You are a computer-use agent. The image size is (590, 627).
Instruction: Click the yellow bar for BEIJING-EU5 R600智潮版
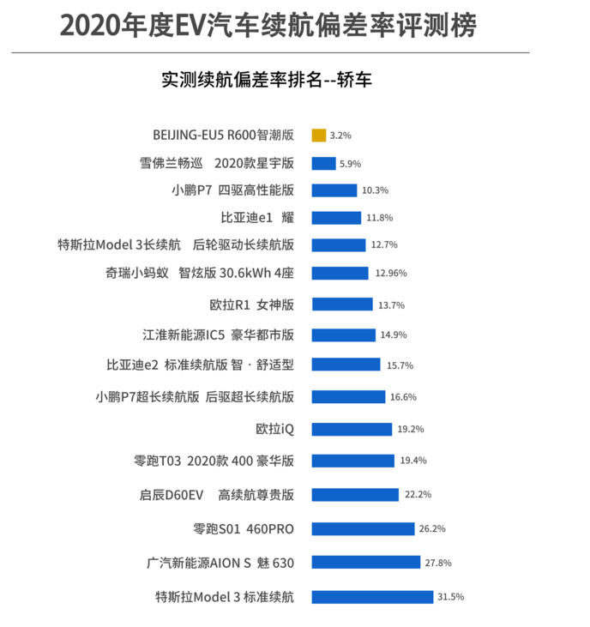point(319,136)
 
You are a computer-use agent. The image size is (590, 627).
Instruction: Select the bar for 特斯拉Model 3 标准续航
point(372,597)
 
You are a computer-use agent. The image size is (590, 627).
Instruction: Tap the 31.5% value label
point(450,597)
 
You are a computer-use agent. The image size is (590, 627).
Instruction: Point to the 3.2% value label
point(340,136)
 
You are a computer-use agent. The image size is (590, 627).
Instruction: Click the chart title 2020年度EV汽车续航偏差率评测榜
point(267,25)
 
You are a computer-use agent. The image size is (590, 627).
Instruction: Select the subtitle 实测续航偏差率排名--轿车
point(266,80)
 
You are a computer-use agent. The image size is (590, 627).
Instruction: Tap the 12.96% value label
point(390,273)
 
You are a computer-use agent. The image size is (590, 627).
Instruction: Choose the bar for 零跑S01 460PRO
point(363,529)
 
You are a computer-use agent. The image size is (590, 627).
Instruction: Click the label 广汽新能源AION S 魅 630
point(220,564)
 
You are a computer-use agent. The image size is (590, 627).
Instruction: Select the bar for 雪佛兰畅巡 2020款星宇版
point(324,163)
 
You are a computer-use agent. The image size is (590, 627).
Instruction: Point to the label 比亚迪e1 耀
point(257,218)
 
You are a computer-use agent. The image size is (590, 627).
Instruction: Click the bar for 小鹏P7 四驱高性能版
point(334,190)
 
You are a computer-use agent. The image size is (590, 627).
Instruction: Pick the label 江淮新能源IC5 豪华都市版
point(218,335)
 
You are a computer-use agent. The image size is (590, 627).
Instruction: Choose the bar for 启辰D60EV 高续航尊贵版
point(355,495)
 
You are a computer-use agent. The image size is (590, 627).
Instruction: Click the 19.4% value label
point(413,461)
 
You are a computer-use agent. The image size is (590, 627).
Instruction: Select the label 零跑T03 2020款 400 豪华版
point(214,461)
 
